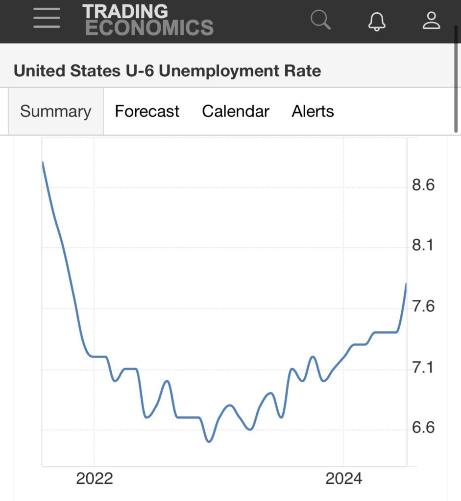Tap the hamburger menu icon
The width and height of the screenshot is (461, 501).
47,19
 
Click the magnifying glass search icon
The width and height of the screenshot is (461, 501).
321,20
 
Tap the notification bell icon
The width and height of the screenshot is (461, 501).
377,21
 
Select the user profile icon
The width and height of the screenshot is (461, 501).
432,20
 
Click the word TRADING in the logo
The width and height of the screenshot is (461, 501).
125,11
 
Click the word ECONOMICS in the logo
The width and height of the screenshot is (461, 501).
149,27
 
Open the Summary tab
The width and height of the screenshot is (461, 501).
55,112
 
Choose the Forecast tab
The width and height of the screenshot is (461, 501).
147,112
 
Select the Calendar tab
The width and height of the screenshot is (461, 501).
236,112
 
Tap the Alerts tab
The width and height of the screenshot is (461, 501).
313,112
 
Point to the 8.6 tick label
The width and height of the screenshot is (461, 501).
423,185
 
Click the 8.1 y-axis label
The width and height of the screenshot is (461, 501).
423,246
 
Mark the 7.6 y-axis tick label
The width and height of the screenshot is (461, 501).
423,307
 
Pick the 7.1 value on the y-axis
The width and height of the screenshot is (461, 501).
423,367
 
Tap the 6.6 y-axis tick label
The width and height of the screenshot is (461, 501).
423,428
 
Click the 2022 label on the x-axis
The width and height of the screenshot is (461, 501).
95,478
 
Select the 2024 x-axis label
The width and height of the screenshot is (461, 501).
344,478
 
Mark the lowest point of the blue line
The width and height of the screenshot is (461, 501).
209,442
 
